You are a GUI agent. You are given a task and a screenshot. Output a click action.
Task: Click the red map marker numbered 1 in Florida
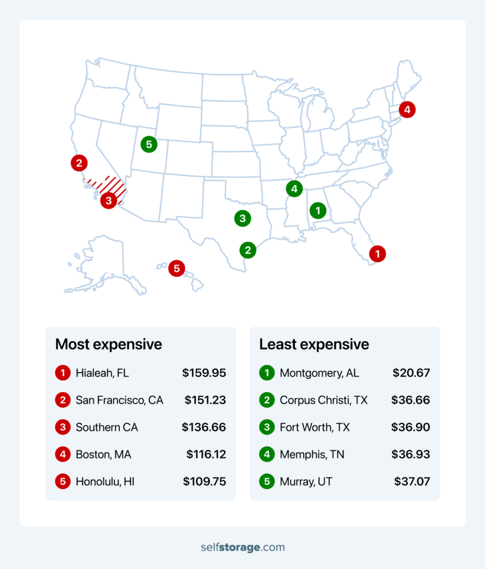coord(377,254)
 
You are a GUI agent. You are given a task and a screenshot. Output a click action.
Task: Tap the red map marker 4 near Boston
coord(407,109)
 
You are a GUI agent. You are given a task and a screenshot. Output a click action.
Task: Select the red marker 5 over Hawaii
coord(176,268)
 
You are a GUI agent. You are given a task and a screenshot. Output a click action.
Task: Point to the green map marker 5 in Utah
coord(148,144)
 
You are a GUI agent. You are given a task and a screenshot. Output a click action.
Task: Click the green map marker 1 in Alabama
coord(317,210)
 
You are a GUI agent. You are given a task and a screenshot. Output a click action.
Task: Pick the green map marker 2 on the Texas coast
coord(247,250)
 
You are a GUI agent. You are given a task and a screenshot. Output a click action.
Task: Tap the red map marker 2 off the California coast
coord(79,163)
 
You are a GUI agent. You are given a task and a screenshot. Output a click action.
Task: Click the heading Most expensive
coord(109,344)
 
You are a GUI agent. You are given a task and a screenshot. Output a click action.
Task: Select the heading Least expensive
coord(314,344)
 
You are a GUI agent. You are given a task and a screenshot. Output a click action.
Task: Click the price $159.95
coord(204,373)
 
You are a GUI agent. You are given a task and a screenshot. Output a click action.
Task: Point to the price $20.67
coord(411,373)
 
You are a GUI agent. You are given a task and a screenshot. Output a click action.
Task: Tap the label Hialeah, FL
coord(102,373)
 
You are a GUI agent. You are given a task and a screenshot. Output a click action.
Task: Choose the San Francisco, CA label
coord(119,400)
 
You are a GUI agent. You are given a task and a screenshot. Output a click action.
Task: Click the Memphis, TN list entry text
coord(312,455)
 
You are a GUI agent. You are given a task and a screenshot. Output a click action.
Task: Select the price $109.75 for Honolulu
coord(204,482)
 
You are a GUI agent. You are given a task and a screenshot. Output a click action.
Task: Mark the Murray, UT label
coord(306,482)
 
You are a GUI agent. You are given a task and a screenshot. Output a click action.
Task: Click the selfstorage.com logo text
coord(243,547)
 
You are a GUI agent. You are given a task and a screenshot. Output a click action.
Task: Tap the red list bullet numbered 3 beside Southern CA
coord(63,427)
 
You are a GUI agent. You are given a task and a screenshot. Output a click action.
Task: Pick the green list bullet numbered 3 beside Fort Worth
coord(267,427)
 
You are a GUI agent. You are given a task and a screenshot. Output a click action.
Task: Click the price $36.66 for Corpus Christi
coord(411,400)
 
